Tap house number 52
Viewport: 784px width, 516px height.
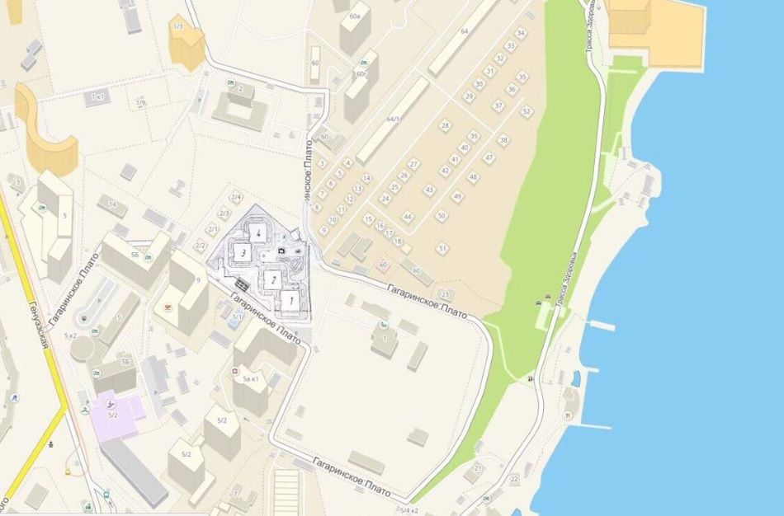527,110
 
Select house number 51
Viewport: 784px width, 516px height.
442,247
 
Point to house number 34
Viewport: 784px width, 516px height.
522,33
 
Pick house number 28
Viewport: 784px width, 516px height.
446,125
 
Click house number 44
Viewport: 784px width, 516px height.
407,216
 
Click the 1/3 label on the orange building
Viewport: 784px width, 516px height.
177,27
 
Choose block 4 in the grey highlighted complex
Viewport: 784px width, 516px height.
258,233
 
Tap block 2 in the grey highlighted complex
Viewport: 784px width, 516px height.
271,279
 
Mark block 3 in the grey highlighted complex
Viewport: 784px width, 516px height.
242,253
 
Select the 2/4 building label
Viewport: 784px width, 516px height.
236,197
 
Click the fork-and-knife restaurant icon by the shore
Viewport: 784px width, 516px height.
569,415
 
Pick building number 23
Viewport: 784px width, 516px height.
446,294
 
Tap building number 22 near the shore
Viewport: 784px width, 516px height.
515,478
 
